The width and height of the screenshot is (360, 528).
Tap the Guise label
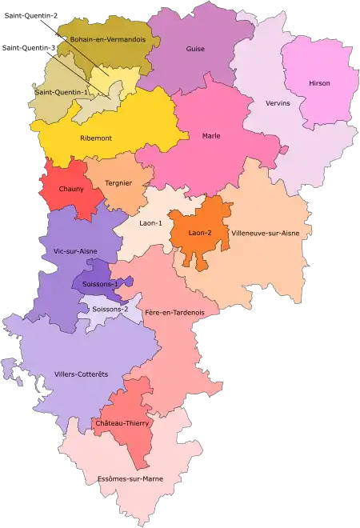pos(195,49)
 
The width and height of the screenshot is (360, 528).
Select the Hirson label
pos(319,83)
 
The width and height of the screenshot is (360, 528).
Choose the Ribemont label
pos(96,138)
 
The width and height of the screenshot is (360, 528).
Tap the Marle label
pos(211,135)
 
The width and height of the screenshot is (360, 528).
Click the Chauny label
pos(71,190)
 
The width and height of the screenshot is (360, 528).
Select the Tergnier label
pos(118,183)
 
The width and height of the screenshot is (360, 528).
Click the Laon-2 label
pos(200,233)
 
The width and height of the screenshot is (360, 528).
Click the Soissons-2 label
pos(110,309)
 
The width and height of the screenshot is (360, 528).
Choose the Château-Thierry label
pos(123,423)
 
